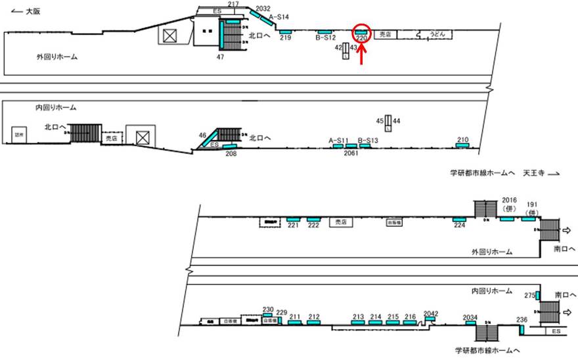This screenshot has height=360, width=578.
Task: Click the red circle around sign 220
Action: (x=361, y=32)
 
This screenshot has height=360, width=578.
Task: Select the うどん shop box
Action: (x=437, y=34)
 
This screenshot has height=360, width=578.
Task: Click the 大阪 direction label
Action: (x=25, y=11)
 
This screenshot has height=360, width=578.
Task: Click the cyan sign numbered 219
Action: (x=285, y=32)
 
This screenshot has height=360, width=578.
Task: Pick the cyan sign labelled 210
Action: (x=462, y=145)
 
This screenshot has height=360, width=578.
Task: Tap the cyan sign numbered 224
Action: (x=459, y=219)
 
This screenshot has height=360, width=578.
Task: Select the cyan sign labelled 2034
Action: (x=470, y=323)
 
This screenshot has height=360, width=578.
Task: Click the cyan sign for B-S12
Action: (x=324, y=32)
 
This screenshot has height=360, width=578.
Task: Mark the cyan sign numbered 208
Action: (x=230, y=146)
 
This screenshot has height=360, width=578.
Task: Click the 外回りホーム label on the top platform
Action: (x=57, y=57)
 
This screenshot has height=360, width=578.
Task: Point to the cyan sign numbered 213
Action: (x=358, y=323)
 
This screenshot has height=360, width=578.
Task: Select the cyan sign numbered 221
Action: (x=293, y=219)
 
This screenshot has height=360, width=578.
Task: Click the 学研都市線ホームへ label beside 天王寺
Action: (x=482, y=173)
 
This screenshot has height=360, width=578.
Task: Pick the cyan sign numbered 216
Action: (x=410, y=323)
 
